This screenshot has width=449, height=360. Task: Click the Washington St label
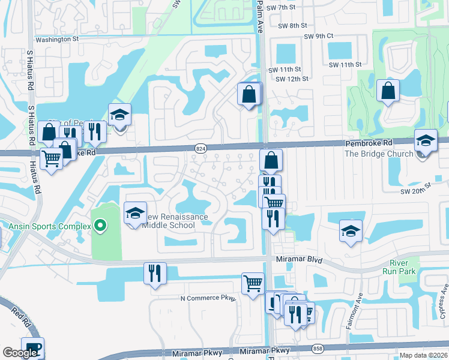coord(57,39)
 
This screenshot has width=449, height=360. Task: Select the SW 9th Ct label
coord(318,36)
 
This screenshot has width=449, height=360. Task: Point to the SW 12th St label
coord(292,79)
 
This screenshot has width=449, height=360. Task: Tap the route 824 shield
coord(201,148)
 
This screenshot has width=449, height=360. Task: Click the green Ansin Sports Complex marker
coord(100,226)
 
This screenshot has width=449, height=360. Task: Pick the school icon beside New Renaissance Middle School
coord(135,214)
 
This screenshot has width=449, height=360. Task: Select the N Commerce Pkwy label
coord(208,298)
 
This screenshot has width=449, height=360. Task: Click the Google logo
coord(20,353)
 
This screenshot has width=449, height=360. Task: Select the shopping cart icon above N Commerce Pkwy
coord(253,282)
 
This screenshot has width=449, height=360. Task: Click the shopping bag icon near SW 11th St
coord(249,94)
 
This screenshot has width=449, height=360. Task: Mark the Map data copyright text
coord(424,355)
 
